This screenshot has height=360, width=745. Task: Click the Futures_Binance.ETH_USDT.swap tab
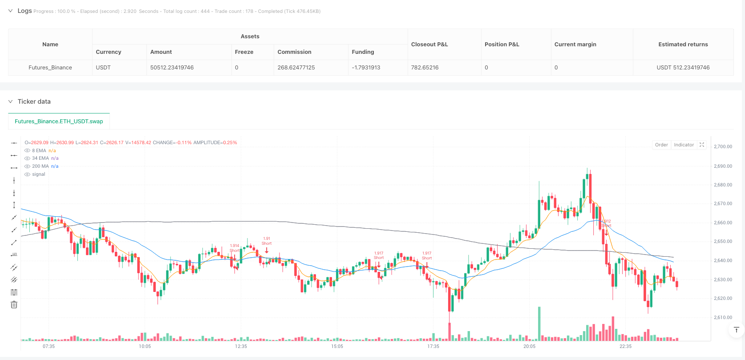coord(59,121)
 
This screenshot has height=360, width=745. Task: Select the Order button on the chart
coord(661,145)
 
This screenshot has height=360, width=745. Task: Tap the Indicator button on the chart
coord(684,145)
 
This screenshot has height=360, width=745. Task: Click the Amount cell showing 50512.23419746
coord(172,68)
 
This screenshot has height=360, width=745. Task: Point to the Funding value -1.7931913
coord(366,68)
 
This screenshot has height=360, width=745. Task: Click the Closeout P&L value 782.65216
coord(425,68)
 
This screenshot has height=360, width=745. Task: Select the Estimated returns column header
coord(683,44)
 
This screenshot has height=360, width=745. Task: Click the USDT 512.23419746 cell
coord(683,68)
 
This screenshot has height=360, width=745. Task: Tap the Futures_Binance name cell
coord(50,68)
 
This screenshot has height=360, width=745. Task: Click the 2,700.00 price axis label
coord(723,146)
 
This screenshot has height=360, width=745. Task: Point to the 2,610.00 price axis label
coord(723,317)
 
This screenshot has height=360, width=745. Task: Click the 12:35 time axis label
coord(241,346)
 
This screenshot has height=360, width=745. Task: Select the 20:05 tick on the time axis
coord(529,346)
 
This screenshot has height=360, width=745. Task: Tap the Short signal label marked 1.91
coord(267,241)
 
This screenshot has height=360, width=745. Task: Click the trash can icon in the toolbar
coord(14,304)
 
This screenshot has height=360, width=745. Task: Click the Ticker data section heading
coord(34,101)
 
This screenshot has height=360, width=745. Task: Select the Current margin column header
coord(575,44)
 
